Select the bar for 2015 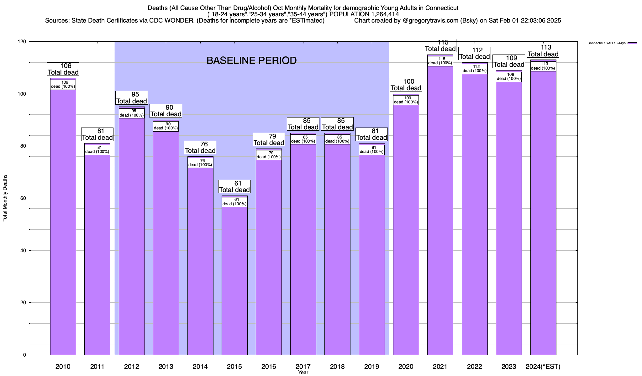pos(234,279)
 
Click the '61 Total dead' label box pos(234,186)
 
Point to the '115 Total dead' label pos(440,45)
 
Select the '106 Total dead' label pos(63,69)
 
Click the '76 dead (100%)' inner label pos(200,163)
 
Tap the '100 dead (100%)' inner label pos(406,100)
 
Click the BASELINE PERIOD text pos(251,60)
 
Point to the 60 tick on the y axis pos(24,198)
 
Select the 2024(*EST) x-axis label pos(543,367)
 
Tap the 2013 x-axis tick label pos(166,367)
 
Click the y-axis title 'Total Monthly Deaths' pos(5,198)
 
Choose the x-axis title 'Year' pos(303,373)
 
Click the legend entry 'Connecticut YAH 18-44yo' pos(606,43)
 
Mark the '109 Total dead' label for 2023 pos(509,61)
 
